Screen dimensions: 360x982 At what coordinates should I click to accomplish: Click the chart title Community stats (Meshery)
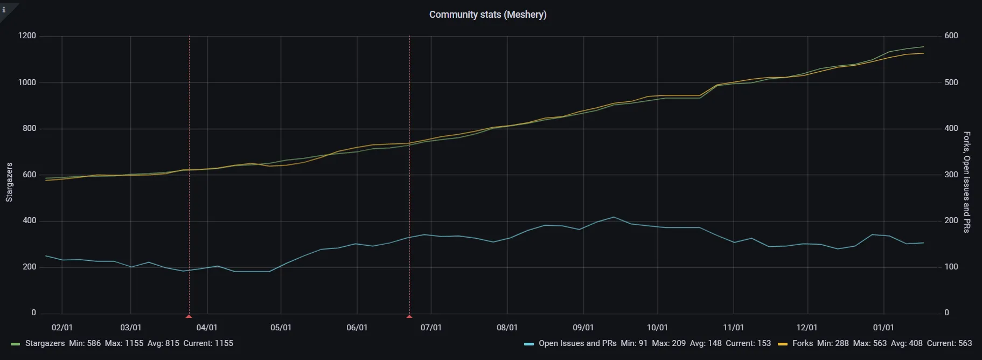[x=487, y=15]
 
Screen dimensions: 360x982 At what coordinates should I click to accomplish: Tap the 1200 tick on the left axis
[x=27, y=36]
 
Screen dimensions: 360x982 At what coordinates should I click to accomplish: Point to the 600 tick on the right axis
[x=951, y=36]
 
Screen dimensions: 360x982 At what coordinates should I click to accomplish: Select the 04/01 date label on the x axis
[x=207, y=328]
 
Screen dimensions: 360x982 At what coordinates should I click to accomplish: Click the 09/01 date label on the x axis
[x=583, y=328]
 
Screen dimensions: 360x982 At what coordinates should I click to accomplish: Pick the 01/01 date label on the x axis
[x=883, y=328]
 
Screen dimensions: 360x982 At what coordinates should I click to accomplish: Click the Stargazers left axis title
[x=9, y=182]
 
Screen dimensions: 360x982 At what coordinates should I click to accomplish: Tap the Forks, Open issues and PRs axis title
[x=967, y=182]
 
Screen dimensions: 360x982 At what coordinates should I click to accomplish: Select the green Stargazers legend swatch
[x=15, y=344]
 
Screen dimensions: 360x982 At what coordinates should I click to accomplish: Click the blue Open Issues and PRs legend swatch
[x=529, y=344]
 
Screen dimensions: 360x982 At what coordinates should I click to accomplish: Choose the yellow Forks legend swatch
[x=783, y=344]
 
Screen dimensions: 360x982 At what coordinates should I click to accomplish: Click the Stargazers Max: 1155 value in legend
[x=124, y=343]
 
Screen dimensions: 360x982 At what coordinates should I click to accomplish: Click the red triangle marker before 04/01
[x=189, y=316]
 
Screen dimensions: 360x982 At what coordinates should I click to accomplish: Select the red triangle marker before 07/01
[x=409, y=316]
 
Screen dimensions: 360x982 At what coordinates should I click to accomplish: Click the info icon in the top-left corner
[x=4, y=9]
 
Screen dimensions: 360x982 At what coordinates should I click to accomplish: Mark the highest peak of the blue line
[x=614, y=217]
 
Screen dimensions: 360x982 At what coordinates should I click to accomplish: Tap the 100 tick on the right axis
[x=951, y=267]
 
